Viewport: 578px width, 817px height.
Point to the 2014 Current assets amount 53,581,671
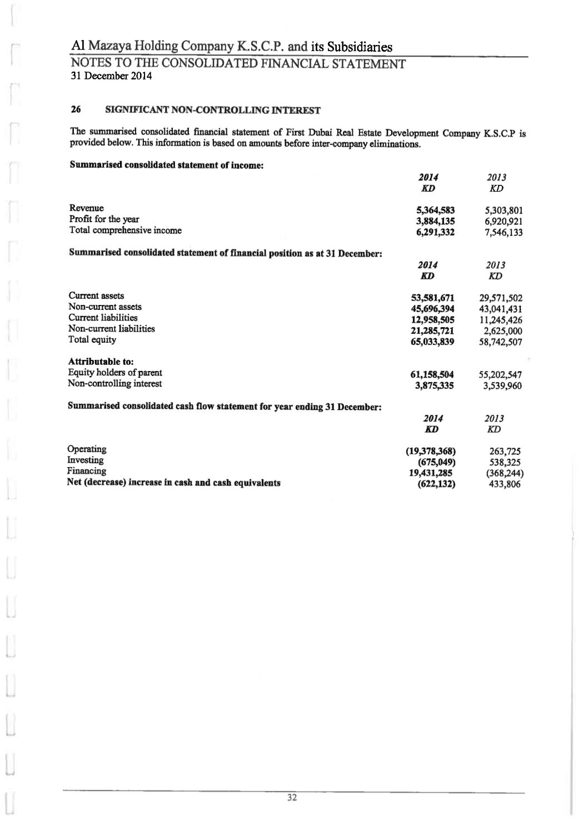click(432, 298)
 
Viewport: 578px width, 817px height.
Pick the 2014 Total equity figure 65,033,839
click(432, 342)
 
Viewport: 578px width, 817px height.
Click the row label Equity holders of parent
click(115, 373)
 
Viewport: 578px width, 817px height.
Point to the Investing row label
click(85, 460)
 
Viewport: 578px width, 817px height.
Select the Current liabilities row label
click(103, 318)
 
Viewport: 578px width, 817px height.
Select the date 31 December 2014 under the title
click(111, 76)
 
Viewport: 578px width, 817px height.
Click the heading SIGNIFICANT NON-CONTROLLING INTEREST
click(213, 111)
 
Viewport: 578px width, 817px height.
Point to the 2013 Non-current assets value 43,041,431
click(500, 309)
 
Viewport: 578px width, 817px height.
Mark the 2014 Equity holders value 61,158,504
click(432, 374)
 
